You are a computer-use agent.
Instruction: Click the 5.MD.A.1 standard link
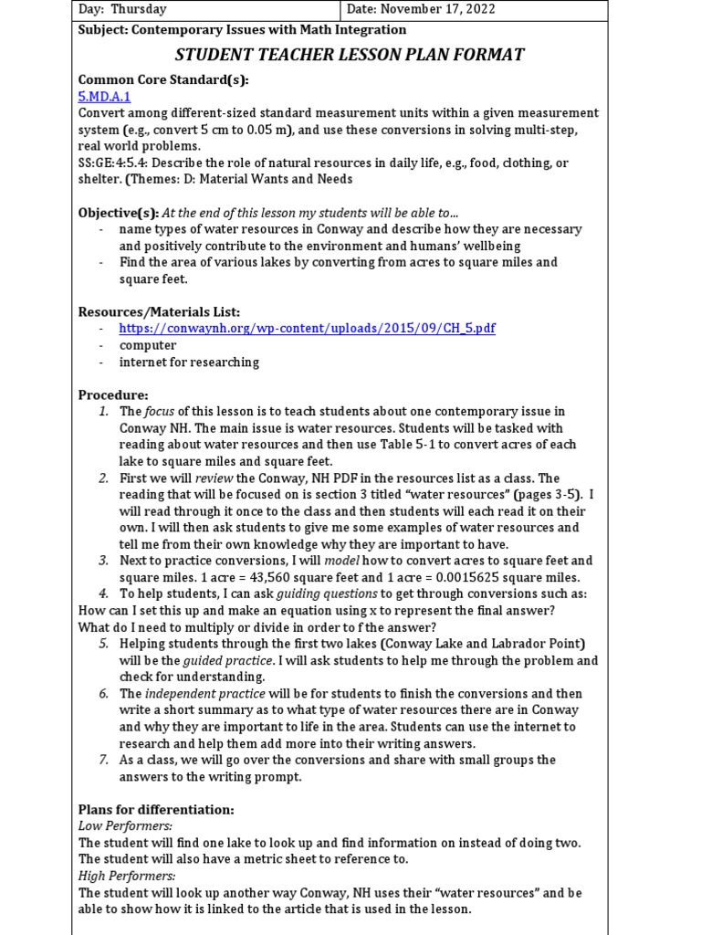click(104, 96)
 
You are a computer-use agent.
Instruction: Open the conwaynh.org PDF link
click(307, 329)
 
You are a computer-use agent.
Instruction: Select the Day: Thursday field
click(122, 9)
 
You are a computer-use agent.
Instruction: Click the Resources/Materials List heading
click(159, 312)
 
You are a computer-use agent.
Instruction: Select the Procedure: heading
click(113, 394)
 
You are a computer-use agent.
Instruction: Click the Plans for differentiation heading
click(156, 809)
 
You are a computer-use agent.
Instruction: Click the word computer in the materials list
click(148, 345)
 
